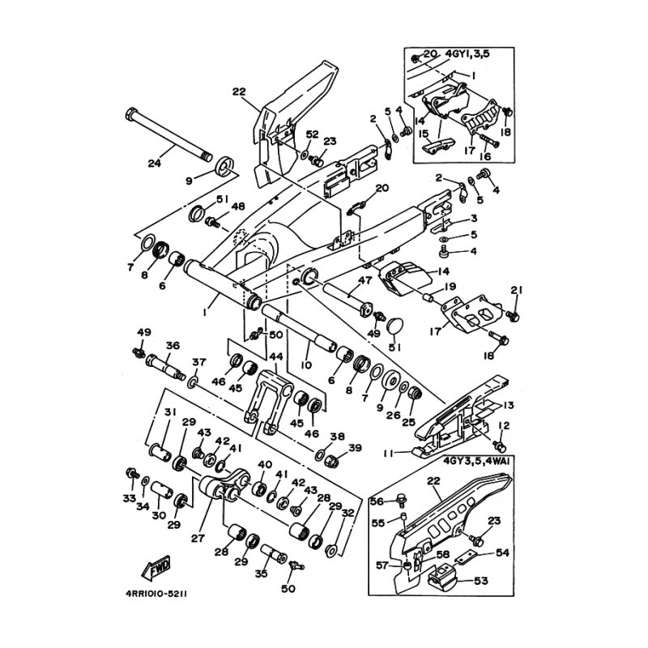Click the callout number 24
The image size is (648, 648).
(x=155, y=163)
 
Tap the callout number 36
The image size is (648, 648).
(x=172, y=344)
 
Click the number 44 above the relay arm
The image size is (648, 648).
(x=276, y=356)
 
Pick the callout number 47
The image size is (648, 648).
(x=366, y=280)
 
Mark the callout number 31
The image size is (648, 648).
(x=171, y=413)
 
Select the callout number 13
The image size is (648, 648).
(x=508, y=405)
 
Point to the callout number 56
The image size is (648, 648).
(x=377, y=501)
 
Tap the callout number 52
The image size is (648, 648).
(x=312, y=134)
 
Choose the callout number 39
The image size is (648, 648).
(x=355, y=448)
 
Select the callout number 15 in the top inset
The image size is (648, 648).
(x=422, y=134)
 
